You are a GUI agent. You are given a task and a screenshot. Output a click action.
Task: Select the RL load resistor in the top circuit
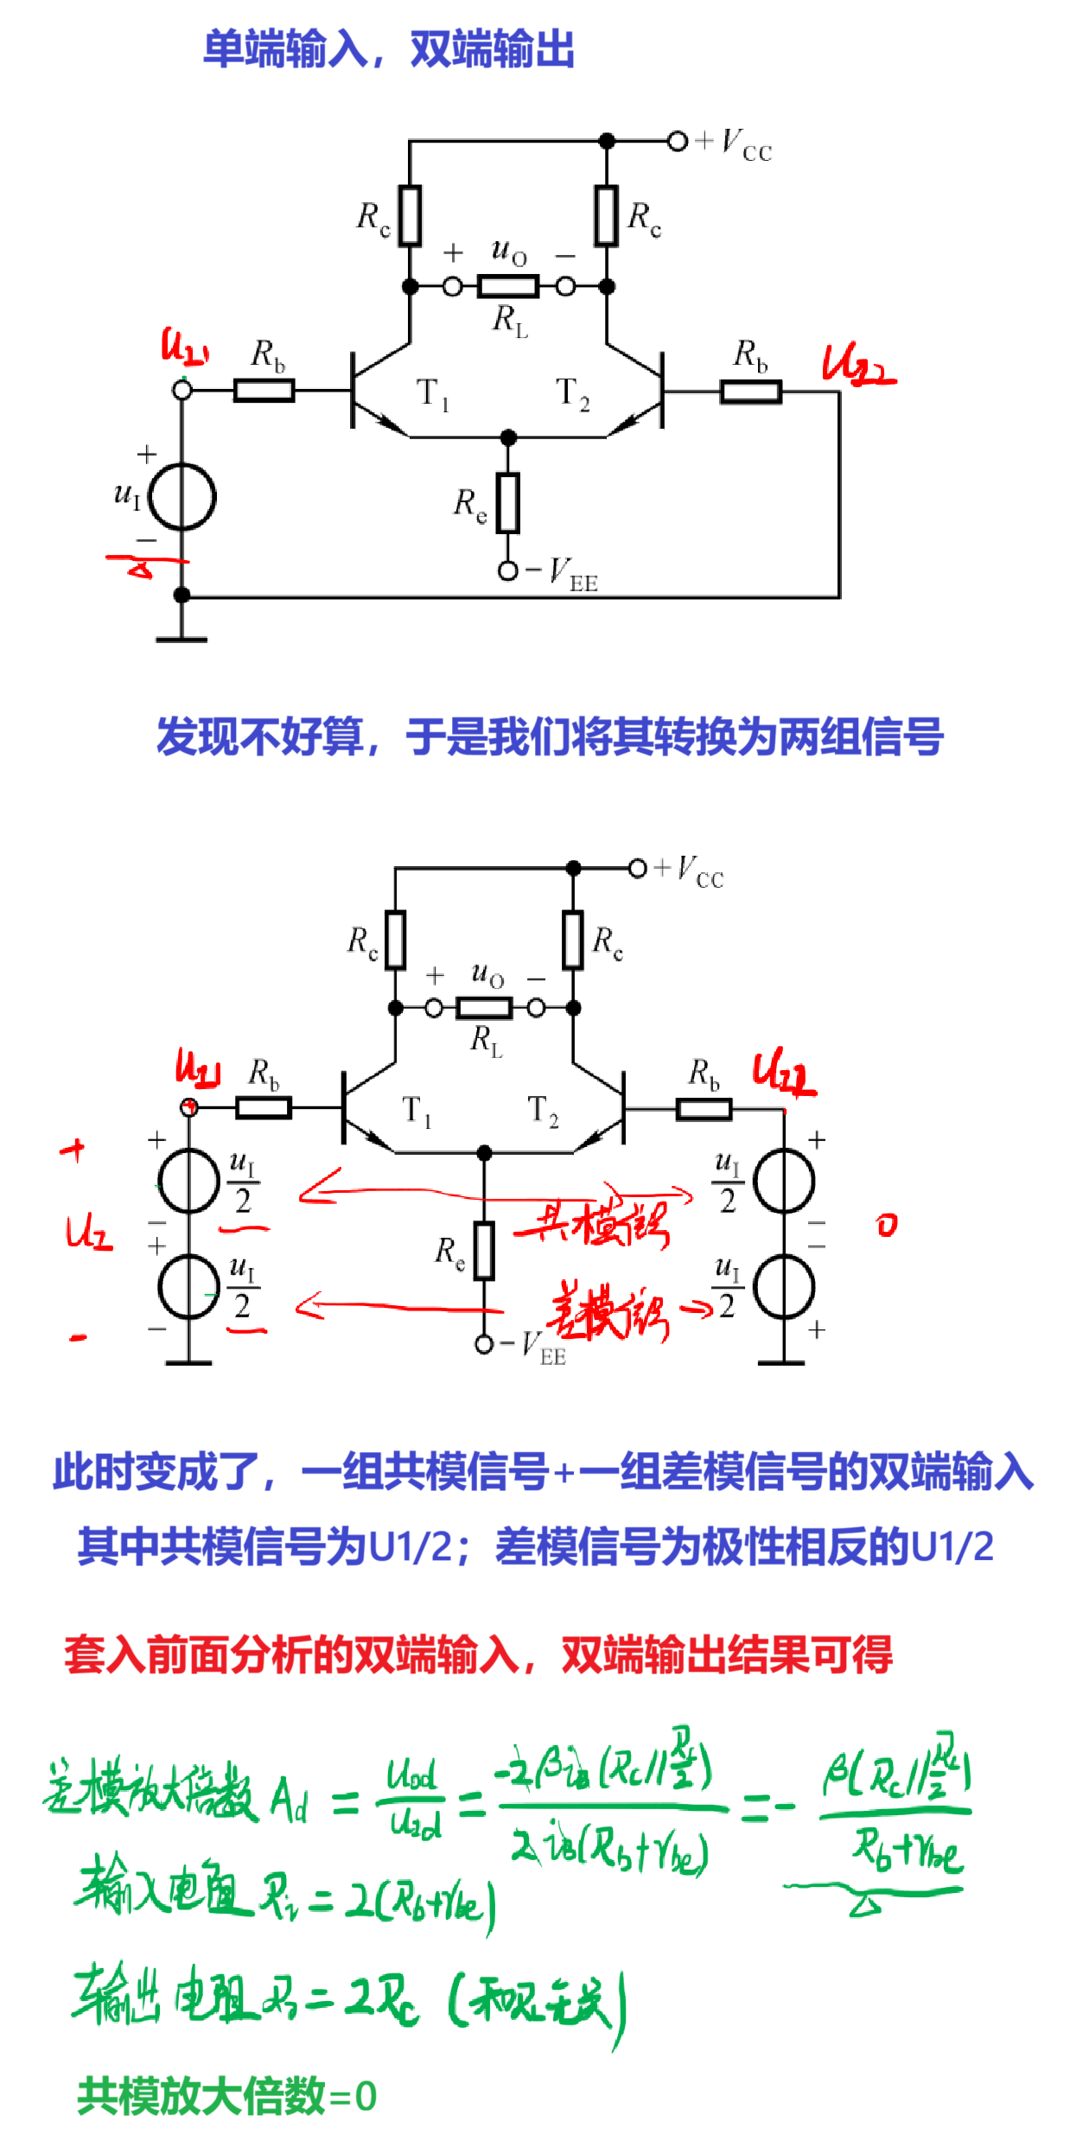[508, 286]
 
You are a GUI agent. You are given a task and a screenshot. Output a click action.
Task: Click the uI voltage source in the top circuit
[181, 497]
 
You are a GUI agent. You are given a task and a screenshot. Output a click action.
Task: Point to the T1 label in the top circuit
[432, 394]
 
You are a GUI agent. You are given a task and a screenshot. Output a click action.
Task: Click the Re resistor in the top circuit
[508, 502]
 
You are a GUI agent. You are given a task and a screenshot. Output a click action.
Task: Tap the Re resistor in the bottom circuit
[484, 1251]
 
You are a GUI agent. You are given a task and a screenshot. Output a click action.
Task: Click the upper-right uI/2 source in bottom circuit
[784, 1181]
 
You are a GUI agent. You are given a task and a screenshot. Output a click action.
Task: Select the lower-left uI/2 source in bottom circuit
[189, 1286]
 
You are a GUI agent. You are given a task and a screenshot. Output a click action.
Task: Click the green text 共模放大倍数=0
[226, 2096]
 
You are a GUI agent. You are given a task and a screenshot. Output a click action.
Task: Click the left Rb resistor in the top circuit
[264, 391]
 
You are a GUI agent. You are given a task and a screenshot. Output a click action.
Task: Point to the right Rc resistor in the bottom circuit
[572, 940]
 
